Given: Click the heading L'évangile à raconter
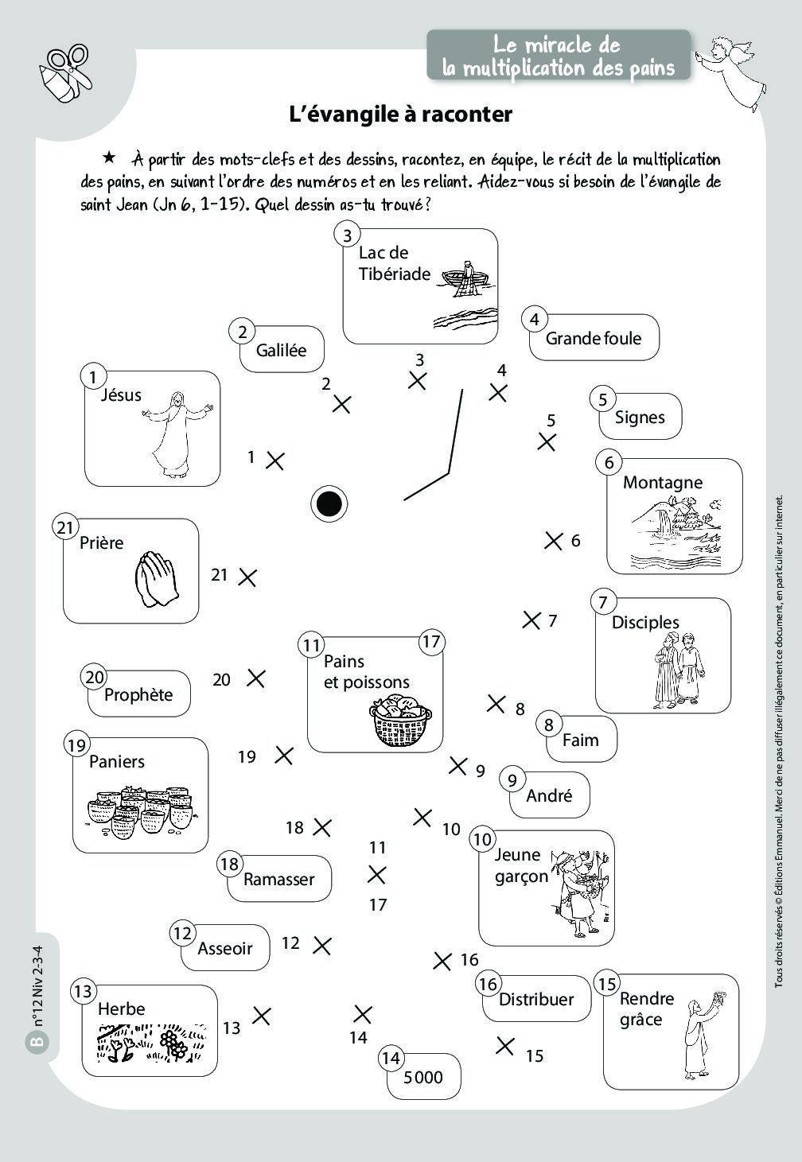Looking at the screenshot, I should click(400, 115).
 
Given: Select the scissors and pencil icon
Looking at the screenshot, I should click(65, 73).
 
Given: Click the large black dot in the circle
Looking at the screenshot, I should click(329, 503).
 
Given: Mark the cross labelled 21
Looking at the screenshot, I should click(247, 577).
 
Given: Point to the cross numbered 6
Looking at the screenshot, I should click(553, 541).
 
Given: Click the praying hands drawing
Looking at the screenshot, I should click(157, 580).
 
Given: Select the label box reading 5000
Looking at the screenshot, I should click(423, 1077).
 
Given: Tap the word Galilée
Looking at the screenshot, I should click(281, 350).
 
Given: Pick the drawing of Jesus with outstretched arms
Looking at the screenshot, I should click(177, 433).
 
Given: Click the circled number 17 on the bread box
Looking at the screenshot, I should click(431, 642).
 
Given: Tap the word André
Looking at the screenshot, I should click(549, 795).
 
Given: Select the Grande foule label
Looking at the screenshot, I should click(594, 338).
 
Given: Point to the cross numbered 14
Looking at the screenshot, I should click(362, 1014).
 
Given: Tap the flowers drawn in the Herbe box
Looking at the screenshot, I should click(173, 1042).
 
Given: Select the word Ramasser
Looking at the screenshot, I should click(278, 879).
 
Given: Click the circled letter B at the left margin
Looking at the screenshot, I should click(36, 1042).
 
